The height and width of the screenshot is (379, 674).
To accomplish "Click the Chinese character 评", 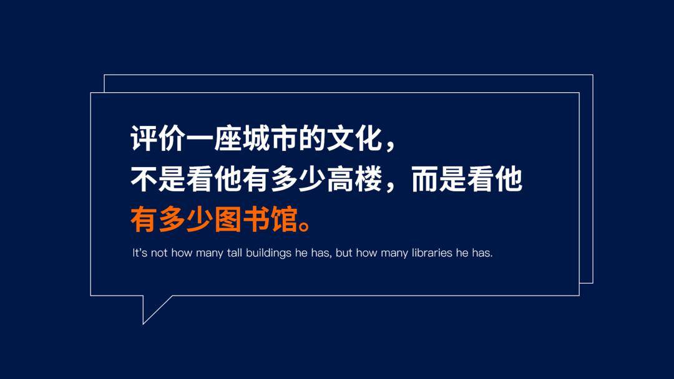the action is [x=144, y=138].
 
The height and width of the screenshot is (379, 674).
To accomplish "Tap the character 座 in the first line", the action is [x=228, y=138].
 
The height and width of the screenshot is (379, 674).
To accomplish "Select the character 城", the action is [x=256, y=138].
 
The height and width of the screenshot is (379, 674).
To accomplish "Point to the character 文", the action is [x=340, y=138].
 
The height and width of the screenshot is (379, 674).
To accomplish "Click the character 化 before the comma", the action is [x=368, y=138].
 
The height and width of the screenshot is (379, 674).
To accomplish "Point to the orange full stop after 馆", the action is [x=305, y=226].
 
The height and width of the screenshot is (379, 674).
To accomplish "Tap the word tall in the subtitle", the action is [x=235, y=253].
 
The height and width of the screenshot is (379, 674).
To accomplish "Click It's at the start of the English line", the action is [x=140, y=253].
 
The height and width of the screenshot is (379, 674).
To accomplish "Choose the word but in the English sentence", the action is [x=344, y=253].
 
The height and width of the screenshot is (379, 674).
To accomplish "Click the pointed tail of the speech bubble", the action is [x=144, y=323].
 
